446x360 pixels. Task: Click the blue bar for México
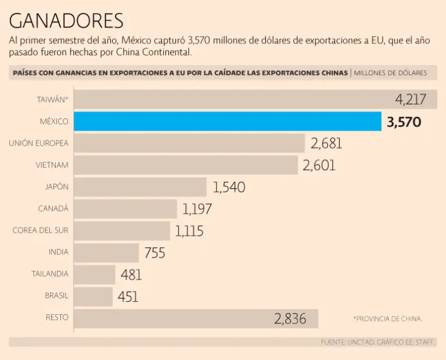point(228,121)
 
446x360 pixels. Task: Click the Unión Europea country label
point(38,143)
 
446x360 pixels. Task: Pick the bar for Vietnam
point(186,165)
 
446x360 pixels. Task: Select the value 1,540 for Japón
point(229,187)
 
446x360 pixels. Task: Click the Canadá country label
point(53,208)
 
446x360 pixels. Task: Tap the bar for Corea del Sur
point(122,231)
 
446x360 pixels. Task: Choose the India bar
point(106,253)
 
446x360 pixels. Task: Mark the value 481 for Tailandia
point(131,275)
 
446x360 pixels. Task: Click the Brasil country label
point(56,296)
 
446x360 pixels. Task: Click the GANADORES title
point(66,21)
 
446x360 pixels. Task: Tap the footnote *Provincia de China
point(387,319)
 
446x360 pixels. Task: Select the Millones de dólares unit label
point(390,73)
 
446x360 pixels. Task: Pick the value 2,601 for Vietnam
point(319,165)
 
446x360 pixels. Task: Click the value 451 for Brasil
point(128,297)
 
